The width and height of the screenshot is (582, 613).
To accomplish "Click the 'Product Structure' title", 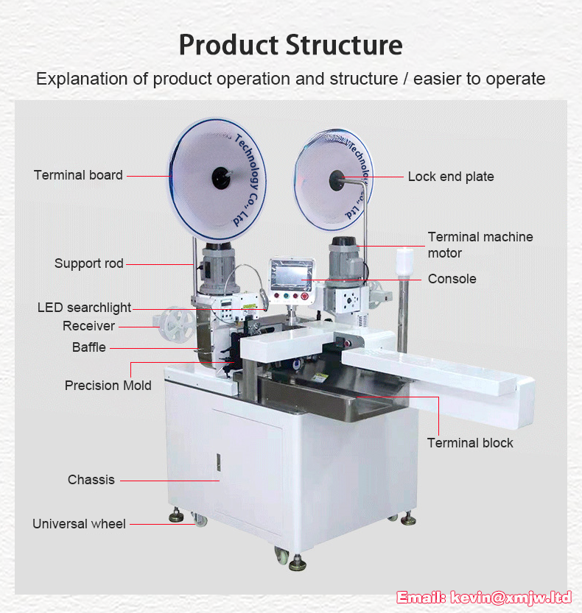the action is point(291,46).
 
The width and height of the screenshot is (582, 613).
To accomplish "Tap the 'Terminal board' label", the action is point(78,175).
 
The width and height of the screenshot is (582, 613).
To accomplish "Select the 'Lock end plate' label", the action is point(451,177).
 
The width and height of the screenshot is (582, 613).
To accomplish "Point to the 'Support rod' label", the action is point(89,263).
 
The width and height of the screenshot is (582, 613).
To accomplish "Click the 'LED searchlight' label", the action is point(84,308).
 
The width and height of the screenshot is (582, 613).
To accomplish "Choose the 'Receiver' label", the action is point(89,326).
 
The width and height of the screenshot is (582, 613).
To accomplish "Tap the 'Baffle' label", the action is point(89,347).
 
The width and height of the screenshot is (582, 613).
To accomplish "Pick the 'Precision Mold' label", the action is point(108,386).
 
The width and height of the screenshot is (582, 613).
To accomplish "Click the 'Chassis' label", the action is point(91,480).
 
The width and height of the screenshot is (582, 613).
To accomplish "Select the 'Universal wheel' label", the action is point(79,524).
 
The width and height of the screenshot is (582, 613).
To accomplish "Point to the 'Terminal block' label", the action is point(470,443).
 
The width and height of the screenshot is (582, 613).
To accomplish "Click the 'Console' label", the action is point(452,279).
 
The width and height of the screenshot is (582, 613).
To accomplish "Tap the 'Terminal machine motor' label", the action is point(480,245).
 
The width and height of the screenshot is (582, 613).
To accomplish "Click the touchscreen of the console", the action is point(291,274).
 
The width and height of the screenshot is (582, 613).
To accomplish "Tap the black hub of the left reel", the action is point(221,178).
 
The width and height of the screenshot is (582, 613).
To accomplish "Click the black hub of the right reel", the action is point(337,180).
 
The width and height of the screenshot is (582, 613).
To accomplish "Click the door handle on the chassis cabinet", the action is point(218,462).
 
